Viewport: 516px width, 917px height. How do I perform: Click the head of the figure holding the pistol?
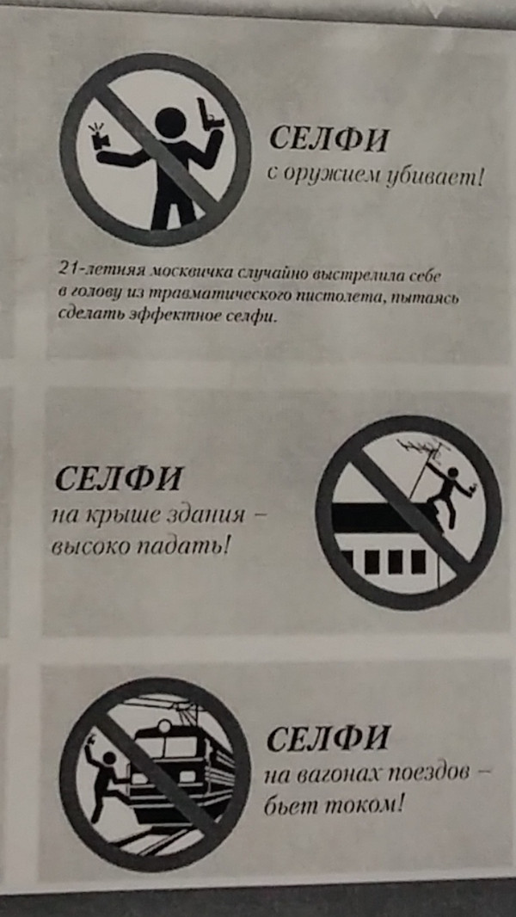click(170, 123)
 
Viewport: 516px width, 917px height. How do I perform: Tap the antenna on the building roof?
click(421, 462)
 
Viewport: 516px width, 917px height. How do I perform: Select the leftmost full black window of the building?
click(372, 562)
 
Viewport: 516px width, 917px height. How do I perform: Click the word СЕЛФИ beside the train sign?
click(328, 739)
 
